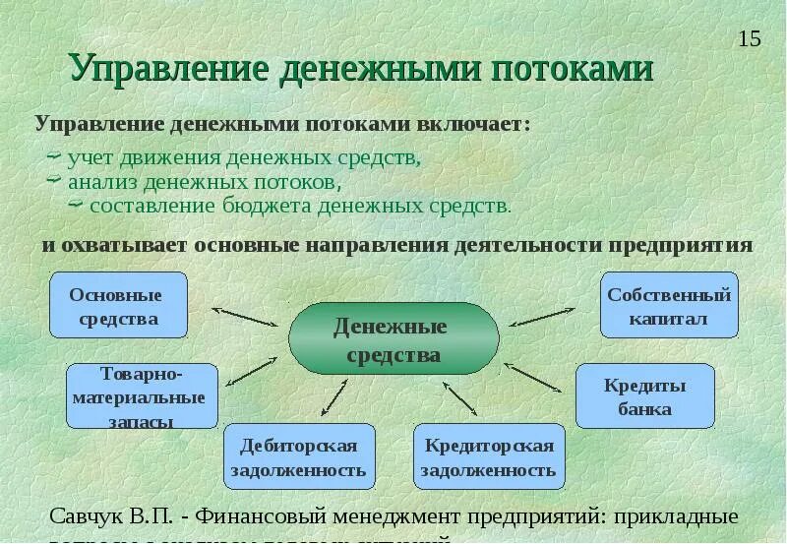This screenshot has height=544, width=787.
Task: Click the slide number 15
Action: pos(749,39)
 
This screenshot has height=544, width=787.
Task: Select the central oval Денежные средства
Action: pos(393,339)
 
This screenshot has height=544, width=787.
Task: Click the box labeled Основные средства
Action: pos(118,306)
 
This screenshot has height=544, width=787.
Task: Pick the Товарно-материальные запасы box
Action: pos(142,396)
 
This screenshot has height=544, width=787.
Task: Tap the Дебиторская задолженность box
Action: pos(299,457)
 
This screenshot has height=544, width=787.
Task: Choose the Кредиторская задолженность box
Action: pos(489,457)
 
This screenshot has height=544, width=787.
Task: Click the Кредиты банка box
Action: pos(644,396)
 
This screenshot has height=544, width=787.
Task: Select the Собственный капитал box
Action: pos(669,306)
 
